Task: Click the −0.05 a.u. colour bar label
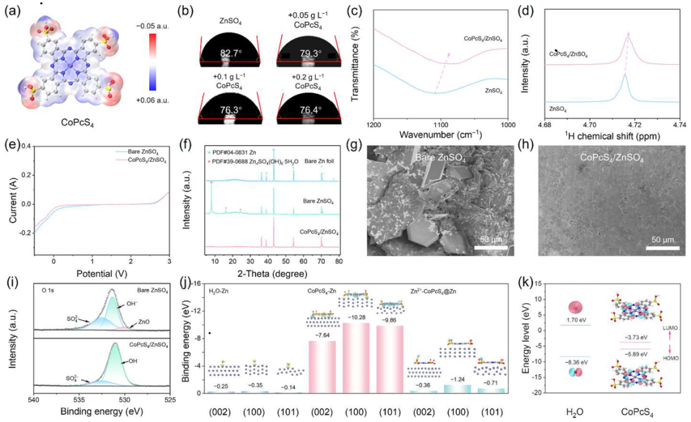click(x=171, y=28)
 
